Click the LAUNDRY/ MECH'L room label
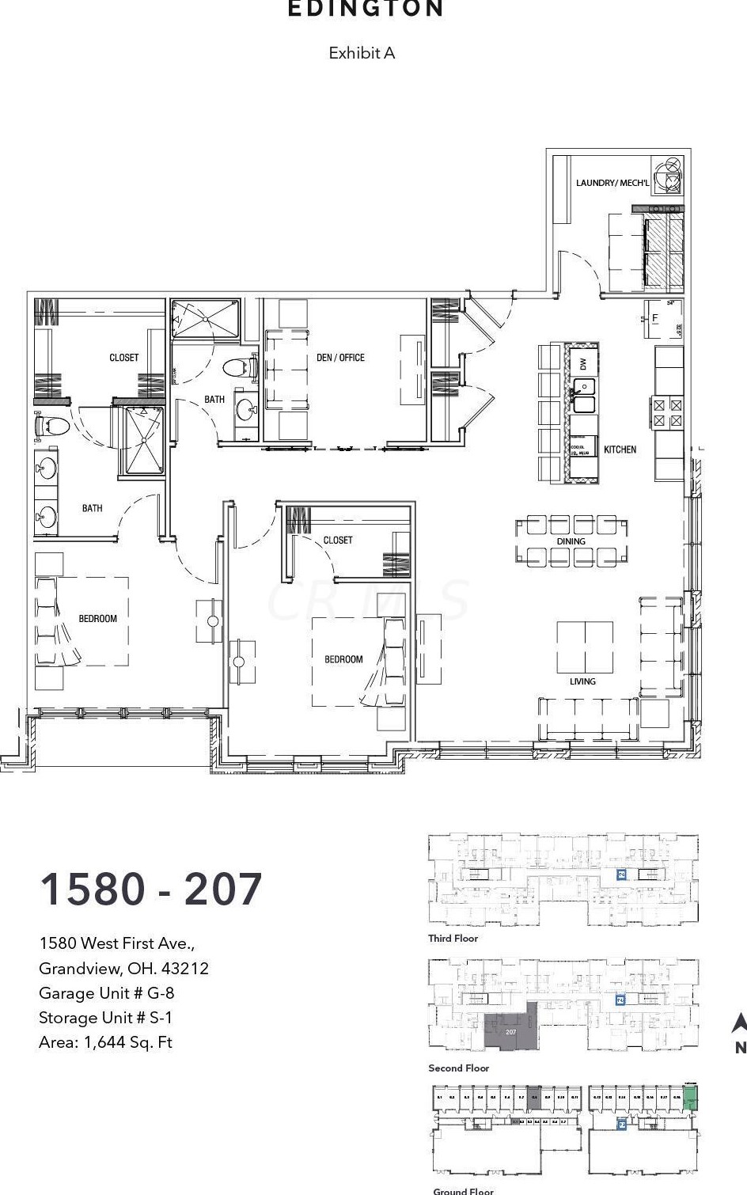tap(612, 183)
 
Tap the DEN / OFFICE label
tap(340, 358)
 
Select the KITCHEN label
tap(620, 450)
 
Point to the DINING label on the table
tap(571, 541)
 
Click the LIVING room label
tap(582, 681)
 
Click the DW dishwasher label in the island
tap(583, 363)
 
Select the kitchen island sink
tap(583, 395)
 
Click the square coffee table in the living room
tap(585, 647)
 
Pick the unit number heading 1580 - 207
tap(150, 890)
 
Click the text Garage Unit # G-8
tap(106, 993)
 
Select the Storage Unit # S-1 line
tap(105, 1018)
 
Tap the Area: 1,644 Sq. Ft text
tap(105, 1042)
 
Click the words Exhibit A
tap(362, 53)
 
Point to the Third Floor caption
tap(453, 939)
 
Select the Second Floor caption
tap(459, 1068)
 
